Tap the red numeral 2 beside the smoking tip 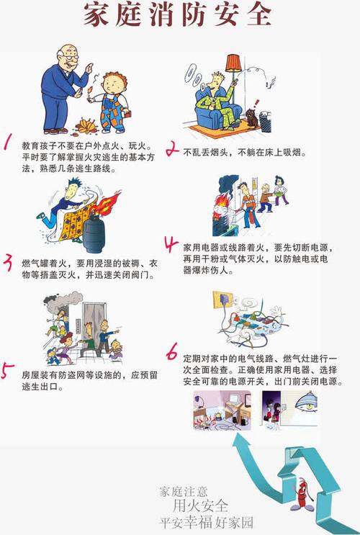[172, 150]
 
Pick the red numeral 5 [8, 371]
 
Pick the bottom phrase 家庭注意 [185, 492]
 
